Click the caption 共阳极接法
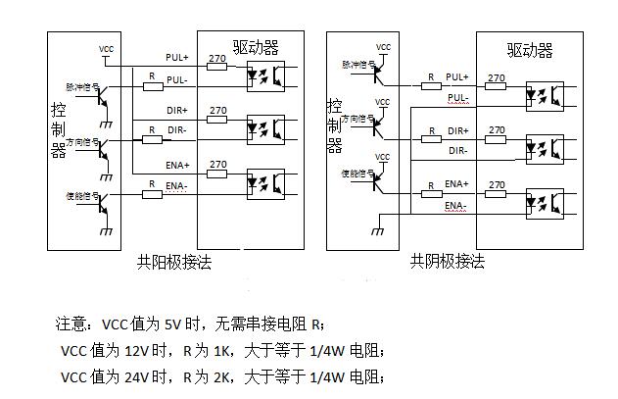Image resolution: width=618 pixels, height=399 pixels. tap(174, 262)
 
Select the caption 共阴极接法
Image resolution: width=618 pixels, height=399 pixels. tap(448, 262)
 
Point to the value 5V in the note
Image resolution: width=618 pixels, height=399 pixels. tap(172, 324)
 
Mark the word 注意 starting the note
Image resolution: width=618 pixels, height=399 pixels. tap(71, 324)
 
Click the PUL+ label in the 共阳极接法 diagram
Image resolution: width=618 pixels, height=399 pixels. tap(177, 58)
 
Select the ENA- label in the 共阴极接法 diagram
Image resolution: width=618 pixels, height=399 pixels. tap(455, 206)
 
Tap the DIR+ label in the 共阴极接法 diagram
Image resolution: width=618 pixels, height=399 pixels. tap(458, 130)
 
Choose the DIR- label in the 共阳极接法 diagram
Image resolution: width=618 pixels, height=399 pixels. tap(176, 129)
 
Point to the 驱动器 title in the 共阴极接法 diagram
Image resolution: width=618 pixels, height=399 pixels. tap(530, 50)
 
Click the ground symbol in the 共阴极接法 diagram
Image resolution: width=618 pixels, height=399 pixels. tap(375, 231)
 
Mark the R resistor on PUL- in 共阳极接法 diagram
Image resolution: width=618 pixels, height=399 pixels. tap(152, 85)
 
